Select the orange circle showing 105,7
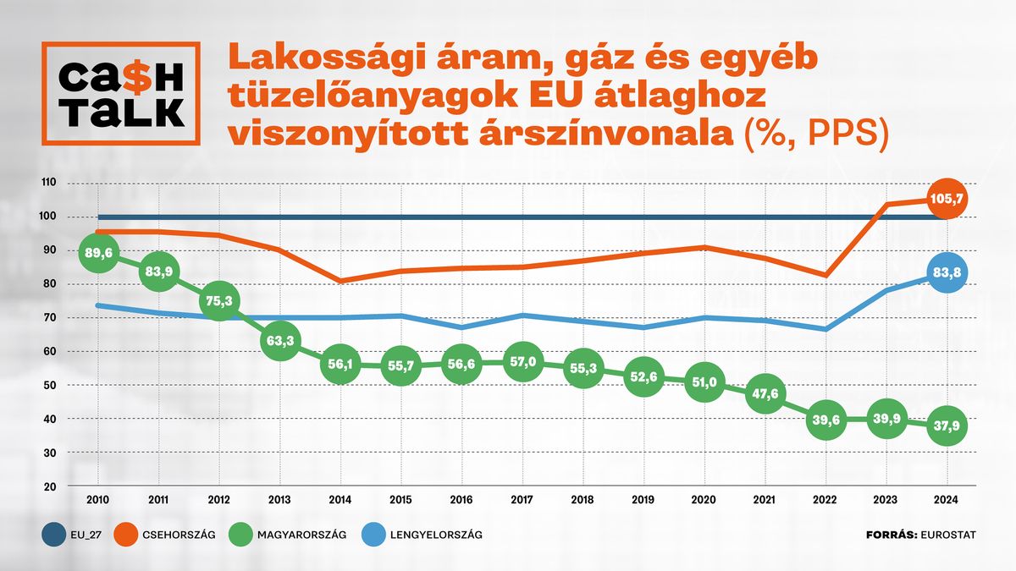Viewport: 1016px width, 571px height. click(x=947, y=200)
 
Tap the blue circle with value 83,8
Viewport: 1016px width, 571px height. click(x=947, y=272)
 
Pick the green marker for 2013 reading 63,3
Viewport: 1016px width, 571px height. click(x=279, y=343)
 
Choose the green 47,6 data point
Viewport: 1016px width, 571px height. click(x=765, y=394)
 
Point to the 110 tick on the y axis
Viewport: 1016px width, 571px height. click(x=49, y=183)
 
